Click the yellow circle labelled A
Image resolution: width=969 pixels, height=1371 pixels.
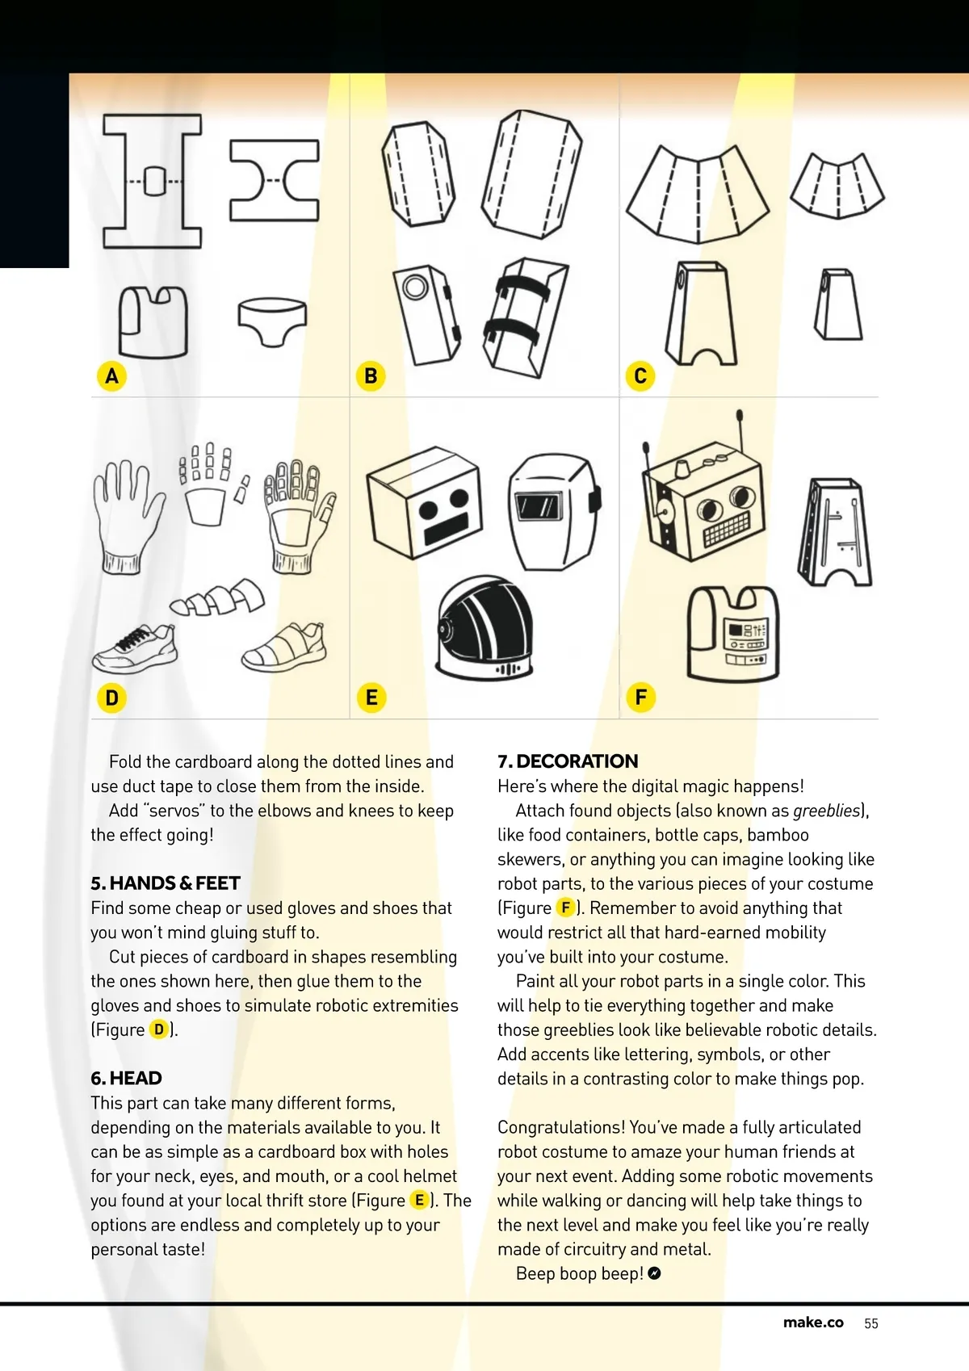[x=112, y=375]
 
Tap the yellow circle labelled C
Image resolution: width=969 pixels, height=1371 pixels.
[x=640, y=375]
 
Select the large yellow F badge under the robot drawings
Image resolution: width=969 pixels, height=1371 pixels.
[x=641, y=697]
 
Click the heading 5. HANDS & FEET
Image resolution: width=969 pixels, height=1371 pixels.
[x=166, y=883]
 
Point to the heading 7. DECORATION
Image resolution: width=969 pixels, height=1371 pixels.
[x=568, y=761]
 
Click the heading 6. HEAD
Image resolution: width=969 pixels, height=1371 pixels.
[x=126, y=1078]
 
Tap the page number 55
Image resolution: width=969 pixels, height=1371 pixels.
[x=871, y=1323]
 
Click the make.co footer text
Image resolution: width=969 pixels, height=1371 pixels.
[x=813, y=1323]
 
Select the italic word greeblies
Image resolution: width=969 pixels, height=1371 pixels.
[x=827, y=811]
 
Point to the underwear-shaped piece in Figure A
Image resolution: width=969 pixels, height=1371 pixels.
[x=272, y=320]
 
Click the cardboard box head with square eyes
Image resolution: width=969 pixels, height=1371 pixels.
[x=424, y=501]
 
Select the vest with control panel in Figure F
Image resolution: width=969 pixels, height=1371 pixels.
[x=733, y=635]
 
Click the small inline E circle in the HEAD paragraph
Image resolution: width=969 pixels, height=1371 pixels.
[x=420, y=1200]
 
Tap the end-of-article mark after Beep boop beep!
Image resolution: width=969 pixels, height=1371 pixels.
[x=655, y=1273]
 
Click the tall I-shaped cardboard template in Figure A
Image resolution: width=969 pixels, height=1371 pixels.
[x=153, y=181]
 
